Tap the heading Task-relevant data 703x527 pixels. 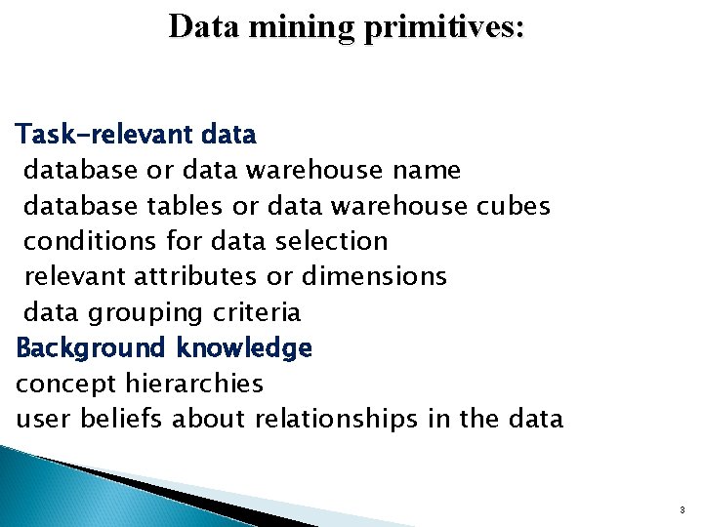(136, 133)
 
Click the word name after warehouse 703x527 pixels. (425, 170)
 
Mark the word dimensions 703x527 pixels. (375, 277)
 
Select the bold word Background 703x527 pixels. (93, 347)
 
